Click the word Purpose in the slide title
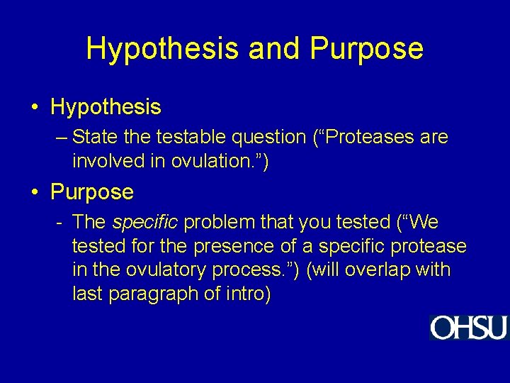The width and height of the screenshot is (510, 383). pos(366,49)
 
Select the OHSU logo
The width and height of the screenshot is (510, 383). pos(468,328)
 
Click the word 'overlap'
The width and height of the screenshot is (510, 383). pos(375,270)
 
